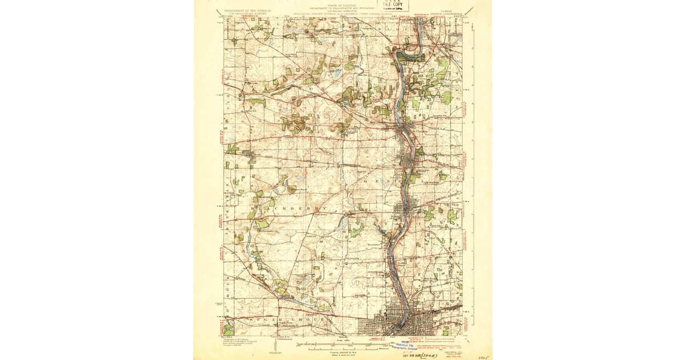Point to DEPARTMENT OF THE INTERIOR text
click(248, 10)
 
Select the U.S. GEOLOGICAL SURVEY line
click(248, 13)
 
